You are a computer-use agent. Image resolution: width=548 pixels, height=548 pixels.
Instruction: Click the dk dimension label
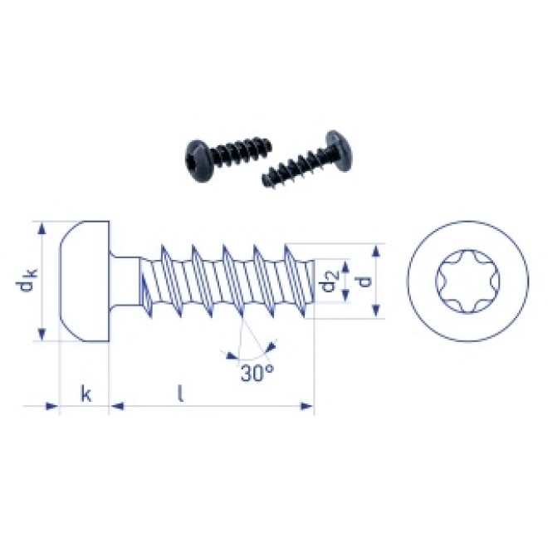27,281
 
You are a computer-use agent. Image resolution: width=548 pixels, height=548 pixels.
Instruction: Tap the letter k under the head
86,394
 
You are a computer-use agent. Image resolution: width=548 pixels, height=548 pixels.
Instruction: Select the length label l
180,393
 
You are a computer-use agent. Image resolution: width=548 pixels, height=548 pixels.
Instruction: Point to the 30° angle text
257,374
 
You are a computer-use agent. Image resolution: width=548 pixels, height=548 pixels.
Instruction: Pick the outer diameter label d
364,281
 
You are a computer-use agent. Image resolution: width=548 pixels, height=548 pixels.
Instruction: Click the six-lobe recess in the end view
467,281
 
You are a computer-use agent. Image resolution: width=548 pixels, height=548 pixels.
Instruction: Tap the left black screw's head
198,161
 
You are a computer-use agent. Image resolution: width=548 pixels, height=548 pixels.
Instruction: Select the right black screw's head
339,150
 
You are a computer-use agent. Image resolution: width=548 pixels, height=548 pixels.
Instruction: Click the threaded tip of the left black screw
265,144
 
